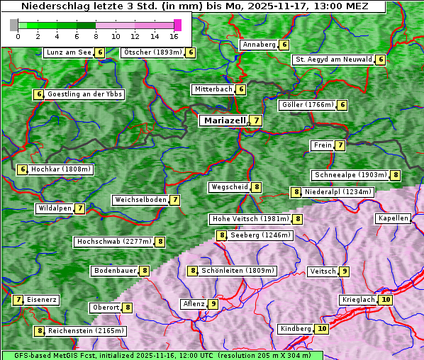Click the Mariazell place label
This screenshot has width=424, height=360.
point(224,120)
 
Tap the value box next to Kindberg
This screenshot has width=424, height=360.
point(322,329)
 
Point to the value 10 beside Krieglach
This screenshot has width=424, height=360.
point(386,300)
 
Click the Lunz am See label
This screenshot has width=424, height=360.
point(68,52)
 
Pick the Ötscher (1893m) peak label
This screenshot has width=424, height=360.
point(152,52)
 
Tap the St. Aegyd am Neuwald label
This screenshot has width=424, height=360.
point(333,60)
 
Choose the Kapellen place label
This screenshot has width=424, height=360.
point(393,218)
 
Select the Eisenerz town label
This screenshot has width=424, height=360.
point(41,300)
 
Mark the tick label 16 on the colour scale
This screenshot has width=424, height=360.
point(174,35)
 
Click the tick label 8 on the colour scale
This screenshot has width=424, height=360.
point(96,35)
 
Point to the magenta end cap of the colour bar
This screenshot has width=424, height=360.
point(177,25)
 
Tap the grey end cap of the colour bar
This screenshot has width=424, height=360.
point(14,25)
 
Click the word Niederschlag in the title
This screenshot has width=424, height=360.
point(48,6)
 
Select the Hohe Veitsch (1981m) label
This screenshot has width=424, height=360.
point(251,219)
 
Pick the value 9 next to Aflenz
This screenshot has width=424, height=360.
point(213,304)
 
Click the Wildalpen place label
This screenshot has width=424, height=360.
point(55,208)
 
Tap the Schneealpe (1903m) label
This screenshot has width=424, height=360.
point(350,175)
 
